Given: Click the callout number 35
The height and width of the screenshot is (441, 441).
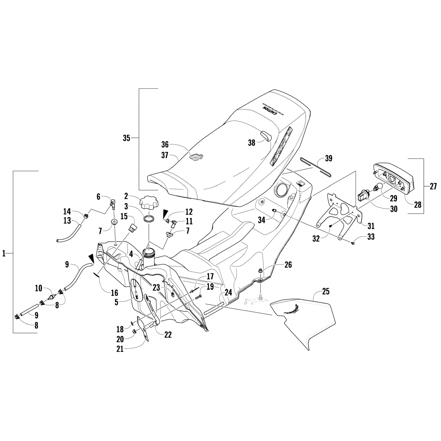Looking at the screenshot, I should [126, 138].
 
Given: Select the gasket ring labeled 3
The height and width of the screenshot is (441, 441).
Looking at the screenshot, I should [149, 219].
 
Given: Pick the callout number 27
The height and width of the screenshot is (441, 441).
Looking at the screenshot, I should [433, 186].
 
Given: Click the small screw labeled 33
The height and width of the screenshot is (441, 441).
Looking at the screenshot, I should [353, 243].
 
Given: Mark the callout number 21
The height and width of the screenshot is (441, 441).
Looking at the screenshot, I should [120, 349].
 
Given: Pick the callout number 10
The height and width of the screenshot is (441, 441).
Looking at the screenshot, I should [39, 288].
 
